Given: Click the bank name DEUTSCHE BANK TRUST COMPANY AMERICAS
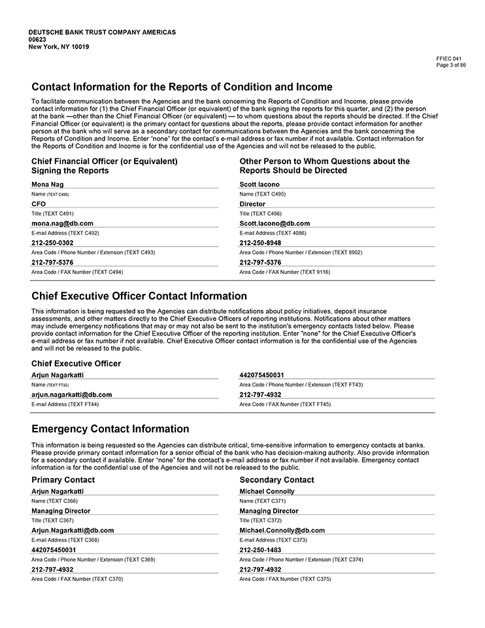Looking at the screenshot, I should (x=102, y=32).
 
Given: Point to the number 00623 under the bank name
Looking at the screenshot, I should (x=38, y=39).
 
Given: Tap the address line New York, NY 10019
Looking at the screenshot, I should (x=59, y=46).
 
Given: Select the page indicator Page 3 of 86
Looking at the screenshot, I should (x=450, y=64).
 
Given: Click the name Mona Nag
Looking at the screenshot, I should (x=48, y=184).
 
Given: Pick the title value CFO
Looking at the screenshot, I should (x=39, y=204).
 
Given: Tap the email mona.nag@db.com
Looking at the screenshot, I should (x=62, y=223).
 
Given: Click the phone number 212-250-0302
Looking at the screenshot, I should (x=52, y=243).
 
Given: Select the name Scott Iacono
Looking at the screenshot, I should (x=259, y=184).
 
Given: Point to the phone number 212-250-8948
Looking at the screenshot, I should (x=260, y=243).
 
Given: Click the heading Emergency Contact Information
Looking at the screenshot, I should (x=110, y=429).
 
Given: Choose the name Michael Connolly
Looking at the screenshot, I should (x=267, y=491).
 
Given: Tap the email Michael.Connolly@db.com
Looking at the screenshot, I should (x=282, y=531).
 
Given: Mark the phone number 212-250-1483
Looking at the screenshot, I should (x=260, y=550).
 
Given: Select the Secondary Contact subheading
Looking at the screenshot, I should (x=276, y=480).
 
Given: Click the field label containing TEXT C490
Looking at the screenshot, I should (x=50, y=194).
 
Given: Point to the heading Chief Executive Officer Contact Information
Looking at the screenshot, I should (x=139, y=296).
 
